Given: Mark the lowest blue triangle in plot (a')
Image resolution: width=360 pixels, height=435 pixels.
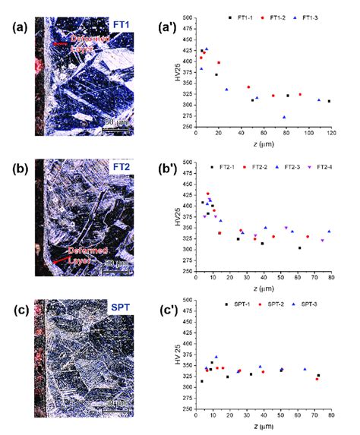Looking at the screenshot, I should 284,117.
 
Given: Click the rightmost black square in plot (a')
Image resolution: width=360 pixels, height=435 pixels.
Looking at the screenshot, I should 329,101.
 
